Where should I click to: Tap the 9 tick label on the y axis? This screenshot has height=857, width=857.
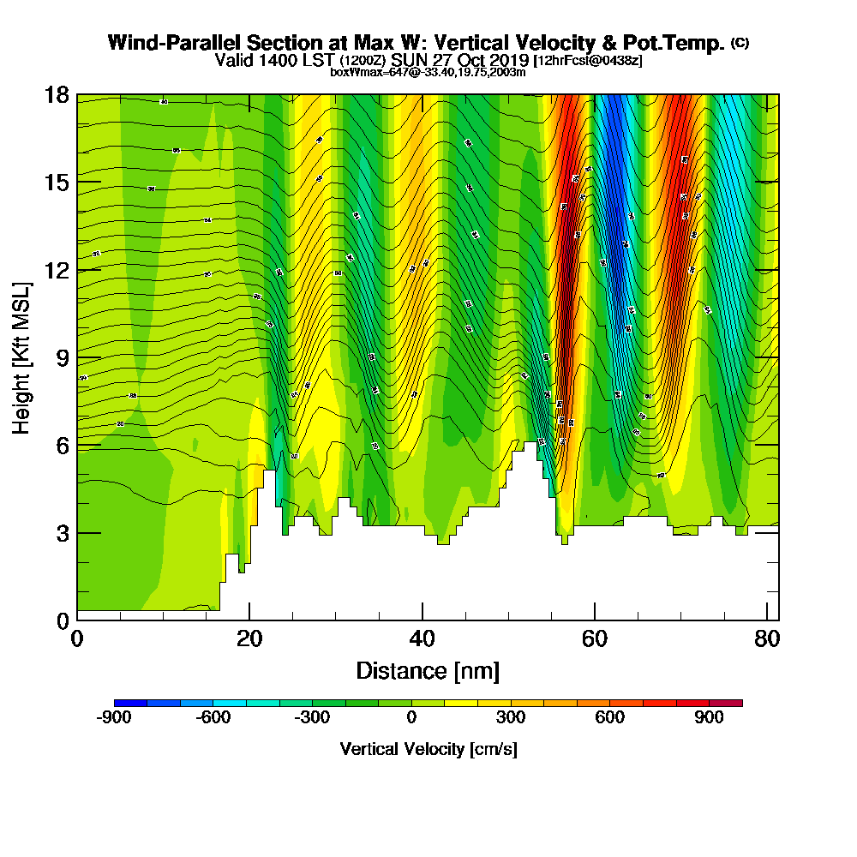pyautogui.click(x=62, y=357)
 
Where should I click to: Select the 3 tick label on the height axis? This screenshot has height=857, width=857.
pyautogui.click(x=62, y=532)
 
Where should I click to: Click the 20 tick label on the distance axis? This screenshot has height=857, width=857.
pyautogui.click(x=249, y=639)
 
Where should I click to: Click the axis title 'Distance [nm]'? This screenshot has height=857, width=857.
pyautogui.click(x=428, y=670)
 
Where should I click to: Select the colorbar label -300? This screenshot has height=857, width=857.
pyautogui.click(x=312, y=718)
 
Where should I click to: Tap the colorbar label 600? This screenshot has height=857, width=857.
pyautogui.click(x=610, y=718)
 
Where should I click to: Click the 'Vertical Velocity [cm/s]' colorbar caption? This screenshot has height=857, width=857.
pyautogui.click(x=428, y=749)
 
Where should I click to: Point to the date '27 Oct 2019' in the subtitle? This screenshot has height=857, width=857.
pyautogui.click(x=472, y=61)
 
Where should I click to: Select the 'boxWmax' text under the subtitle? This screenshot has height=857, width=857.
pyautogui.click(x=351, y=72)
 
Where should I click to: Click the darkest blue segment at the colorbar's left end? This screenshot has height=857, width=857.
pyautogui.click(x=130, y=703)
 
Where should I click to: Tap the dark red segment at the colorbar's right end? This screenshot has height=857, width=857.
pyautogui.click(x=726, y=703)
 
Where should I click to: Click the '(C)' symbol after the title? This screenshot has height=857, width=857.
pyautogui.click(x=740, y=43)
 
